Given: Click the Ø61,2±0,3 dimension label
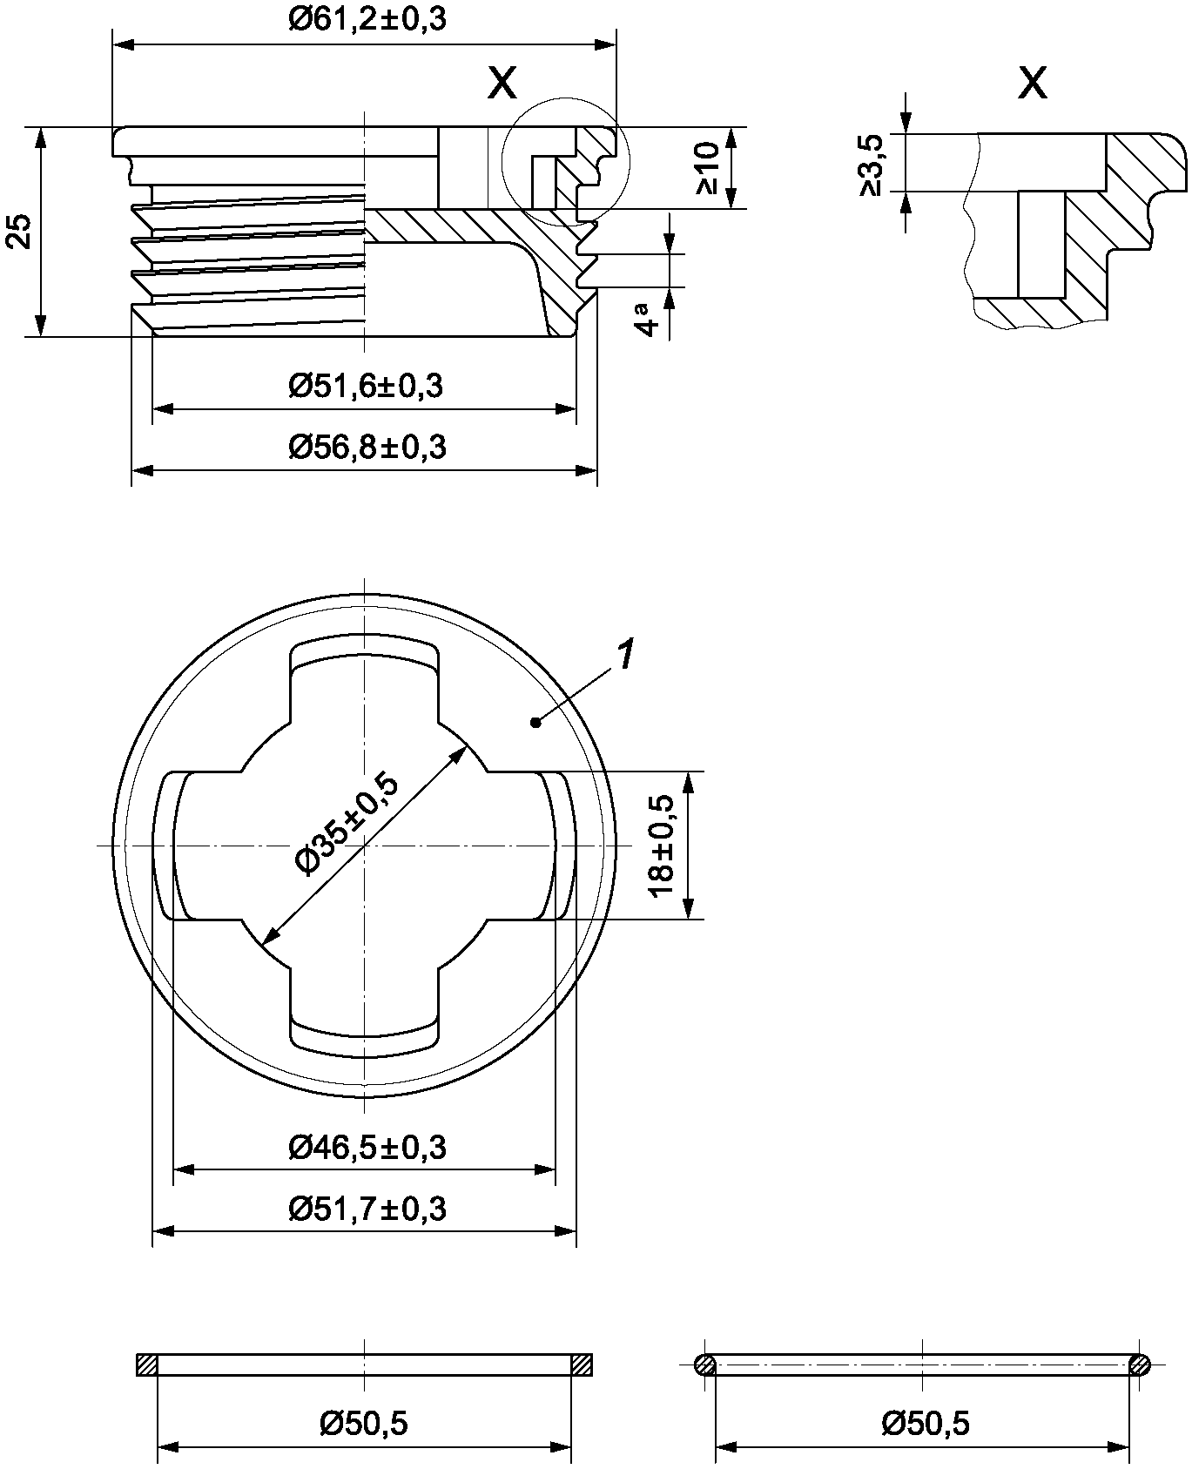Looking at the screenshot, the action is pyautogui.click(x=367, y=19).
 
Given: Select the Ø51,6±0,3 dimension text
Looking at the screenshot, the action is pyautogui.click(x=366, y=385).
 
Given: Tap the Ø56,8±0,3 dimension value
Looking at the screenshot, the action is pyautogui.click(x=367, y=448).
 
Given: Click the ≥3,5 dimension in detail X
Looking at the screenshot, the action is pyautogui.click(x=872, y=165).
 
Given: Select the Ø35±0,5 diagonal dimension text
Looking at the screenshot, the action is pyautogui.click(x=347, y=823).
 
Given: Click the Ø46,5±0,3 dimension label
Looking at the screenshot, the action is pyautogui.click(x=367, y=1148).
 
